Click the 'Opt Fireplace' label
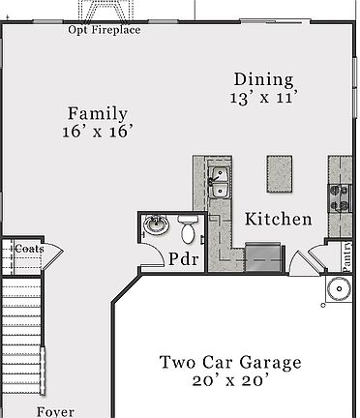(104, 30)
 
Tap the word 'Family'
(97, 113)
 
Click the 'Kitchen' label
(278, 220)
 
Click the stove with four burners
(341, 197)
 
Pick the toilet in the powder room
(188, 229)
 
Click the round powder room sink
(155, 228)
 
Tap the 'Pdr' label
(184, 259)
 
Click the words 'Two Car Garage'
(230, 363)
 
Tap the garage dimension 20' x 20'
(230, 382)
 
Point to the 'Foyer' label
(55, 411)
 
